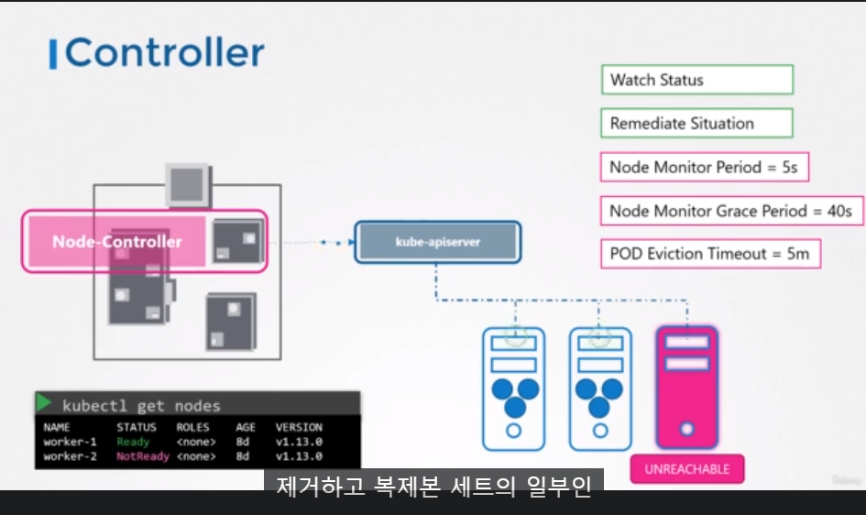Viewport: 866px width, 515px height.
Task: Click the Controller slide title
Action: [164, 53]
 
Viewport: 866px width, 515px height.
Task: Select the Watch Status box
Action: [696, 80]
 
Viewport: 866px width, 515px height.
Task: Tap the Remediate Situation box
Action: [696, 124]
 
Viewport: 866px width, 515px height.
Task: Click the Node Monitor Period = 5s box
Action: [705, 168]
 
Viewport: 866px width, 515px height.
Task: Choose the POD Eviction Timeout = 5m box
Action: [709, 254]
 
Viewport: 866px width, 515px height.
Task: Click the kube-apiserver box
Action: [437, 242]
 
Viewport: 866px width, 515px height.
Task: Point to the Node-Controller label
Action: [117, 242]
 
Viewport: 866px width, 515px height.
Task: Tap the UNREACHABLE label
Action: [686, 469]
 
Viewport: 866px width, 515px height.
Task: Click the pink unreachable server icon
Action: [686, 386]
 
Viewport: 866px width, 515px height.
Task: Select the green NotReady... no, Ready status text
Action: [133, 442]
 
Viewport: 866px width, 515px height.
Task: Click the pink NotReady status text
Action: [142, 456]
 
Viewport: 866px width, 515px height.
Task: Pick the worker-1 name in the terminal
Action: [70, 442]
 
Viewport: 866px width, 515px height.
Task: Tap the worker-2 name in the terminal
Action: [70, 456]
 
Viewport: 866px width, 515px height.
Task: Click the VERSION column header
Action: [299, 427]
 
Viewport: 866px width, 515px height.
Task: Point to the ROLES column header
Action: [192, 427]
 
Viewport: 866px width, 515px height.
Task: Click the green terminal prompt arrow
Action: [44, 403]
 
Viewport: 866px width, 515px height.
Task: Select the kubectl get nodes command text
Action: [141, 405]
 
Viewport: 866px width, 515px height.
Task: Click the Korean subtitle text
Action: [433, 486]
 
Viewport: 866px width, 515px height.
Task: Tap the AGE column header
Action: [246, 427]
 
